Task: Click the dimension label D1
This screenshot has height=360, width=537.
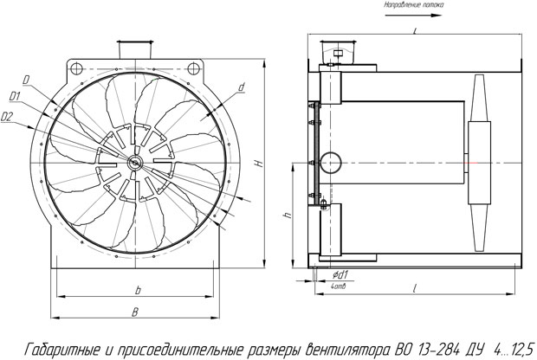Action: (x=15, y=96)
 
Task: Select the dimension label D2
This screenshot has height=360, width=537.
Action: (x=8, y=115)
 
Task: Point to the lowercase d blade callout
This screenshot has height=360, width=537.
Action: (x=241, y=87)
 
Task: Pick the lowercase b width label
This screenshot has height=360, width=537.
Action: (x=138, y=289)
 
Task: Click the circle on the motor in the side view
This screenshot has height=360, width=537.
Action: (x=329, y=160)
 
